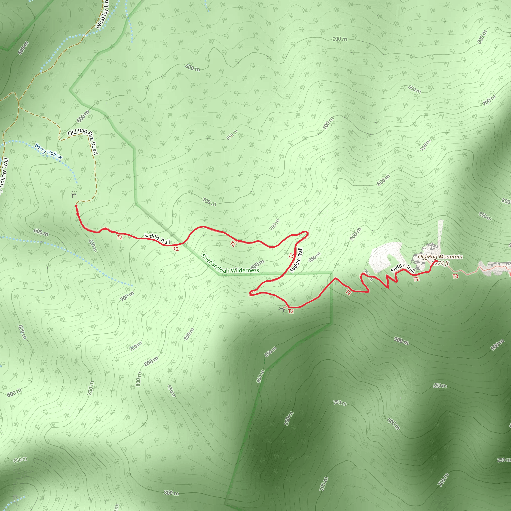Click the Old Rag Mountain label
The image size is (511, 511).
(440, 256)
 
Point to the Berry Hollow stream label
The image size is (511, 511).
(48, 151)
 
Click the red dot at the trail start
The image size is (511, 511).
(76, 206)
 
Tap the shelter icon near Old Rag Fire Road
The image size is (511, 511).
(74, 195)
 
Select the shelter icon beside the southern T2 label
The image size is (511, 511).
(282, 309)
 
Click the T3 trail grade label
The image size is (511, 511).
(455, 276)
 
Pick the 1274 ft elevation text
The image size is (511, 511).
(441, 263)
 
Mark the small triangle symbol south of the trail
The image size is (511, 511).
(212, 365)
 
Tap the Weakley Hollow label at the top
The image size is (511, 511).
(102, 14)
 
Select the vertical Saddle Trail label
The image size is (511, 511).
(296, 260)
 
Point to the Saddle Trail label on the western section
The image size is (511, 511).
(157, 239)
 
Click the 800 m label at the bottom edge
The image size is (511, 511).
(171, 493)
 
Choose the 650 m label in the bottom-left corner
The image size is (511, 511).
(20, 459)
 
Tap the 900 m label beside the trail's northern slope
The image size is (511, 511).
(355, 234)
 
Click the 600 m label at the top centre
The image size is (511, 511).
(340, 39)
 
